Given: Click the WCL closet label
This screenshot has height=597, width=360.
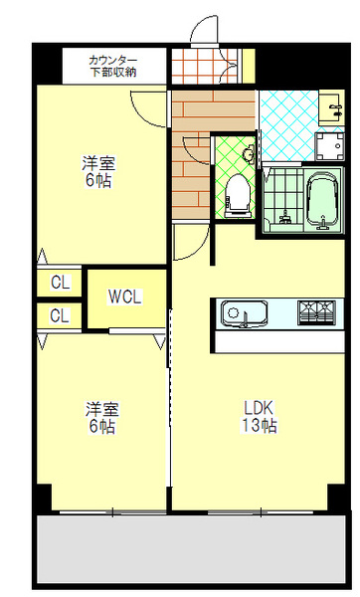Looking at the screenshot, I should (x=124, y=296).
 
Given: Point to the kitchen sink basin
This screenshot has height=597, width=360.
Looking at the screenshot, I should (x=238, y=313).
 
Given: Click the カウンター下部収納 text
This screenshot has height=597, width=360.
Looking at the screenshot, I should (x=113, y=66).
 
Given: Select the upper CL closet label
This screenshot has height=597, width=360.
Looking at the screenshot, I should (x=60, y=283).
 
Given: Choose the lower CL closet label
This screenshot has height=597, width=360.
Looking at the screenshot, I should (x=60, y=316).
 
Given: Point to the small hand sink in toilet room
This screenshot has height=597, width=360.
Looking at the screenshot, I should (x=248, y=154).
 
